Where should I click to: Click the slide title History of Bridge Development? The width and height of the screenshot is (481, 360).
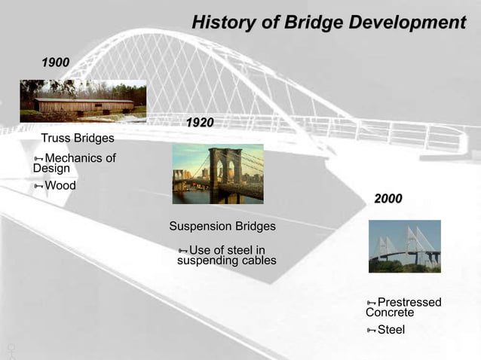[x=328, y=23]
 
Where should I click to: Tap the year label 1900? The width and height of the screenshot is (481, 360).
[x=55, y=62]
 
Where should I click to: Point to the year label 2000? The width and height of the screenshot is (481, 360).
[x=388, y=199]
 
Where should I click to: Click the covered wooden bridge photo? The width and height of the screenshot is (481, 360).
[x=83, y=100]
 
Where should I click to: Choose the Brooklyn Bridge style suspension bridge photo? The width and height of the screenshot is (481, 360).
[x=218, y=174]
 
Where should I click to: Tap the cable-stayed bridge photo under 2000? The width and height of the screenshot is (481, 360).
[x=404, y=246]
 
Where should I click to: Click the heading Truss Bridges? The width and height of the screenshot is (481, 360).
[x=78, y=139]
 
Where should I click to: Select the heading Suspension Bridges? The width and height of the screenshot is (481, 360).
[x=222, y=227]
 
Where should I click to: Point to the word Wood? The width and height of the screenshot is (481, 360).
[x=60, y=185]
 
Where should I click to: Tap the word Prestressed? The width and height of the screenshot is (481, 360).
[x=409, y=303]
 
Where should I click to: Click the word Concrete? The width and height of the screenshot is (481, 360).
[x=390, y=313]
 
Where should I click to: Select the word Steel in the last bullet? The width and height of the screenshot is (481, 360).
[x=391, y=330]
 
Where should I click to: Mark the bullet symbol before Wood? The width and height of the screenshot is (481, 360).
[x=38, y=186]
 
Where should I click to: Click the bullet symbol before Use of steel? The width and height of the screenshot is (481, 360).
[x=182, y=251]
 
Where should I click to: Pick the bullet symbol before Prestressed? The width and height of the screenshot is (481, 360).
[x=371, y=304]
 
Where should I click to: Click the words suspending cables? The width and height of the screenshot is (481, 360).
[x=226, y=261]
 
